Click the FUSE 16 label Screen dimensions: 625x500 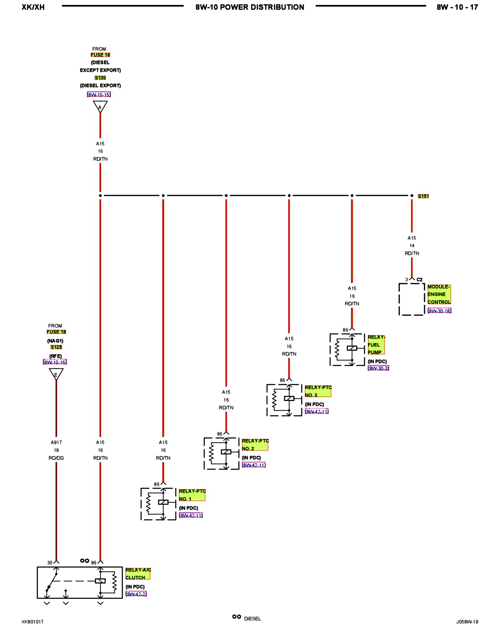click(x=100, y=55)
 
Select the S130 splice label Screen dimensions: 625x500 click(x=100, y=78)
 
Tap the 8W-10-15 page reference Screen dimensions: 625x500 click(x=99, y=95)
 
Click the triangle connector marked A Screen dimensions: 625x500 click(x=100, y=106)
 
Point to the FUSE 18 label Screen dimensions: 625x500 click(x=56, y=332)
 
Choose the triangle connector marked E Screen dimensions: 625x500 click(x=56, y=374)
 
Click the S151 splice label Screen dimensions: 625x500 click(x=423, y=196)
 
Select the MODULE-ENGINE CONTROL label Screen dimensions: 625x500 click(x=439, y=294)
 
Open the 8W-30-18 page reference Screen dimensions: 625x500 click(x=439, y=311)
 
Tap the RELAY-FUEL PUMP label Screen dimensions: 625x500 click(x=376, y=345)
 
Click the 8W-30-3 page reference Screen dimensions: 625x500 click(x=378, y=368)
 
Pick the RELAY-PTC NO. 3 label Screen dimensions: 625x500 click(x=318, y=391)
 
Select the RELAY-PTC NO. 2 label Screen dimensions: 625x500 click(x=255, y=445)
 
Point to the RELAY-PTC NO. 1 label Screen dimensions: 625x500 click(x=192, y=495)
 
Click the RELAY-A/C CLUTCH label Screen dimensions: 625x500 click(x=138, y=574)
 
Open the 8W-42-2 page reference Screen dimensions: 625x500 click(x=136, y=594)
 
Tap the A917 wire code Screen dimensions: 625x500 click(x=56, y=442)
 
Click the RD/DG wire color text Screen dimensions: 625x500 click(x=56, y=458)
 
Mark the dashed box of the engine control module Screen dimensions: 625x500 click(x=412, y=299)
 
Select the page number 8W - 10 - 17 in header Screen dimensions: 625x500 click(x=457, y=7)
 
